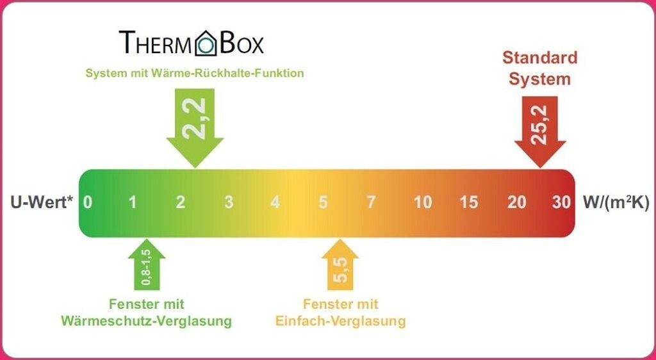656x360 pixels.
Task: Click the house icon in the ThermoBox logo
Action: pyautogui.click(x=206, y=42)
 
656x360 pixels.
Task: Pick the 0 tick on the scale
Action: pyautogui.click(x=88, y=202)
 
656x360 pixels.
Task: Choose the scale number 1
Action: pyautogui.click(x=133, y=202)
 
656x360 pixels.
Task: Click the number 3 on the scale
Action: pyautogui.click(x=229, y=202)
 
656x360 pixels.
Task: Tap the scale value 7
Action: pyautogui.click(x=371, y=202)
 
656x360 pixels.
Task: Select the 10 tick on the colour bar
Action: pyautogui.click(x=423, y=202)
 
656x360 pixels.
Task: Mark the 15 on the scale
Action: pyautogui.click(x=469, y=202)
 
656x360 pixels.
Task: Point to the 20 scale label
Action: pyautogui.click(x=517, y=202)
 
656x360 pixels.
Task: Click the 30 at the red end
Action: pyautogui.click(x=561, y=202)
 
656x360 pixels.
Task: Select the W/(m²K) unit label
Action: pyautogui.click(x=616, y=203)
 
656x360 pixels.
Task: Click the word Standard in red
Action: pyautogui.click(x=539, y=58)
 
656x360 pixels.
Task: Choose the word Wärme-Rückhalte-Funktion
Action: pyautogui.click(x=228, y=73)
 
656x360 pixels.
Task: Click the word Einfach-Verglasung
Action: pyautogui.click(x=341, y=320)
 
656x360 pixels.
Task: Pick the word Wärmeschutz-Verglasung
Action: pyautogui.click(x=146, y=320)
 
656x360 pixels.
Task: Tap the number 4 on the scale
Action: pyautogui.click(x=275, y=202)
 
